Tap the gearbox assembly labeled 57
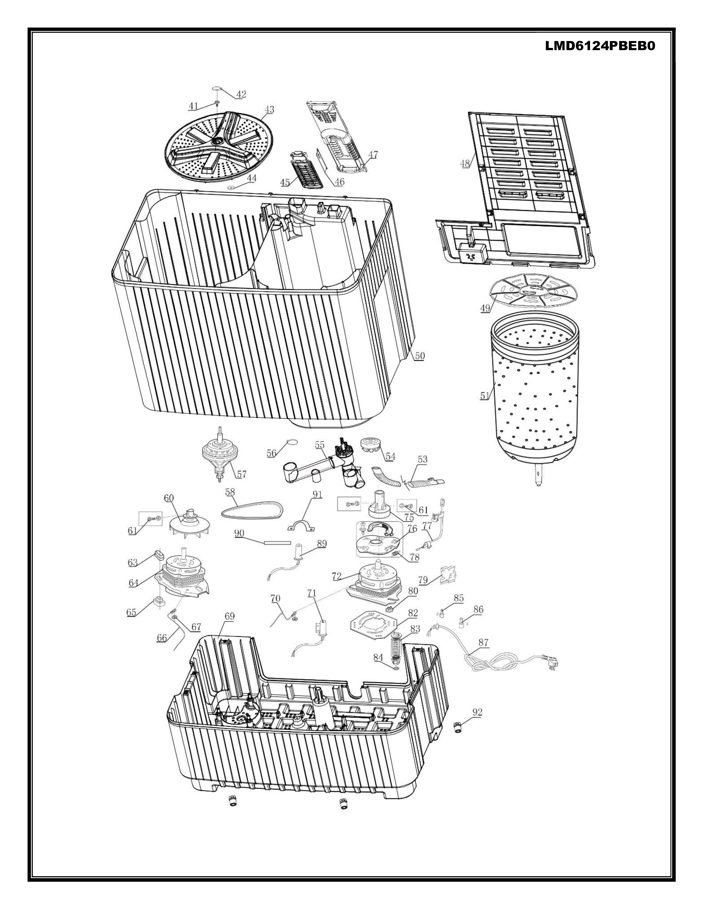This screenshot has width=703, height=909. coord(219,454)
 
